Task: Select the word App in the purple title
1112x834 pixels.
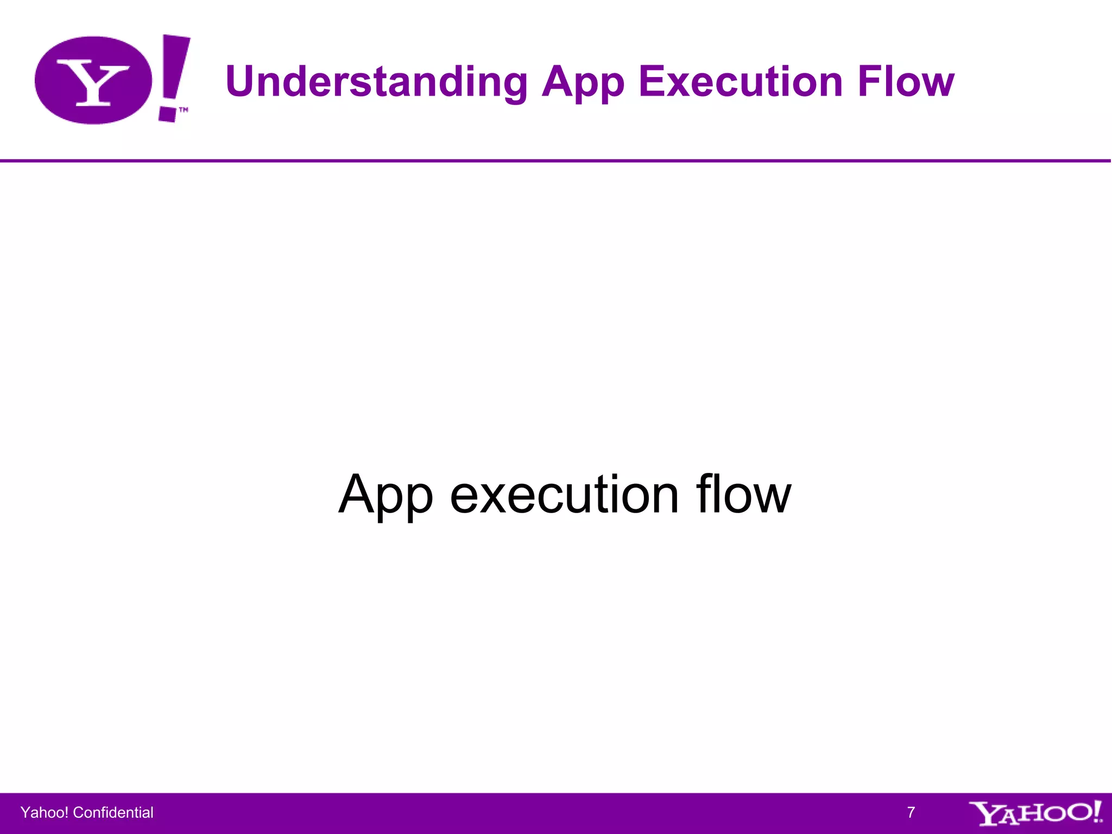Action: coord(583,83)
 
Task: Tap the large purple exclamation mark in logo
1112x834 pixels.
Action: coord(174,76)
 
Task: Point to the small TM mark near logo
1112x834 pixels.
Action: coord(184,110)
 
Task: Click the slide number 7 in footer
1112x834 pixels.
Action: coord(911,812)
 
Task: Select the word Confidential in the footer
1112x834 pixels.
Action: coord(113,812)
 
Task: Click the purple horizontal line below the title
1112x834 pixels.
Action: coord(556,161)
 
